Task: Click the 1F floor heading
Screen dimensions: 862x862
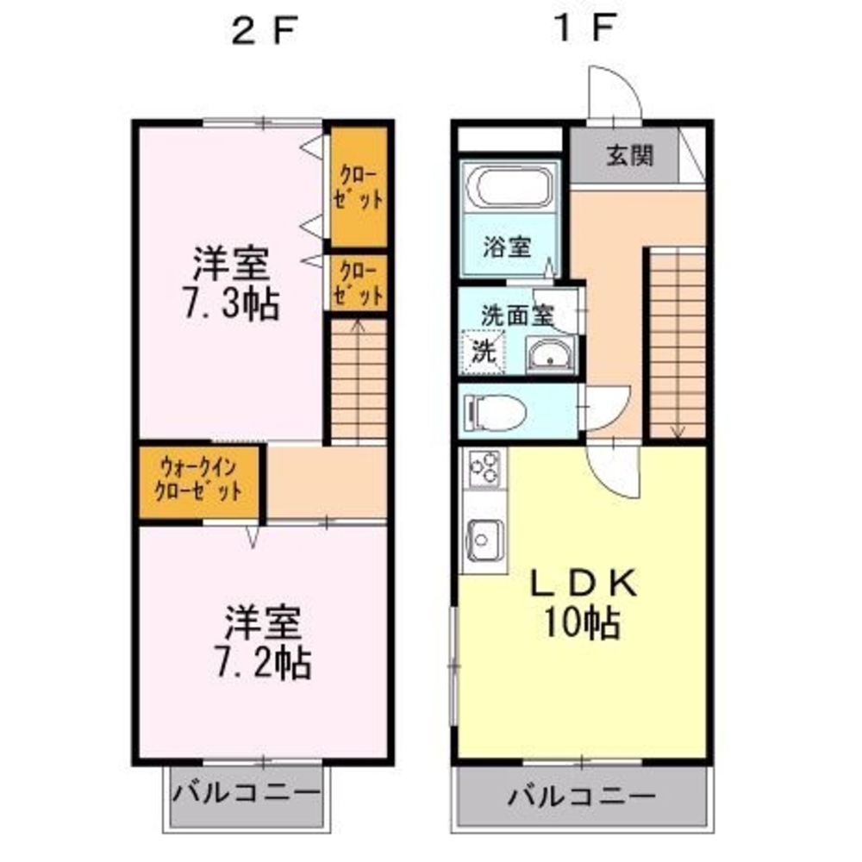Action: pyautogui.click(x=584, y=28)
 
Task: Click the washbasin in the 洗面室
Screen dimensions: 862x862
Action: pyautogui.click(x=550, y=354)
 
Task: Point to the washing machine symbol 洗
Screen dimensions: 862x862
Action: pyautogui.click(x=484, y=352)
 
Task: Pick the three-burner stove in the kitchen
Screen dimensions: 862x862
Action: pyautogui.click(x=484, y=468)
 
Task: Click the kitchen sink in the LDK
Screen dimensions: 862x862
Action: pyautogui.click(x=484, y=540)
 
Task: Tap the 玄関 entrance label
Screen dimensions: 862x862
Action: pyautogui.click(x=630, y=156)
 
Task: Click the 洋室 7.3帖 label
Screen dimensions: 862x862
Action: pyautogui.click(x=231, y=284)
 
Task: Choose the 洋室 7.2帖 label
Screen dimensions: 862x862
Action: pyautogui.click(x=263, y=642)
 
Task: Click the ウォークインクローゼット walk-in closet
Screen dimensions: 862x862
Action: pyautogui.click(x=199, y=482)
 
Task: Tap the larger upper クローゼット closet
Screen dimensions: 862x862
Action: pyautogui.click(x=358, y=187)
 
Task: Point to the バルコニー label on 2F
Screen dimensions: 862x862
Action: pyautogui.click(x=247, y=793)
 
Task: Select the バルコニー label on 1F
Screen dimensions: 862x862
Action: pyautogui.click(x=582, y=795)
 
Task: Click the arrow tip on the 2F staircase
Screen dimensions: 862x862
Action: pyautogui.click(x=358, y=321)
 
